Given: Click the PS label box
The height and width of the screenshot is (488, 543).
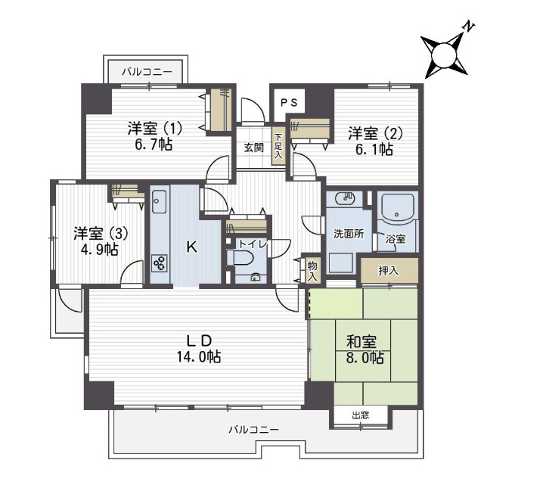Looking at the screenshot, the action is click(289, 103).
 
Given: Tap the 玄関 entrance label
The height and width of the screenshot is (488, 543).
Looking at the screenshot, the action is click(254, 148).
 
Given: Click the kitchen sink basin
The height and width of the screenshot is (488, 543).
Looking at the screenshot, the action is click(160, 201).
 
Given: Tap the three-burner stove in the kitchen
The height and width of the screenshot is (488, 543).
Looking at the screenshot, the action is click(160, 263).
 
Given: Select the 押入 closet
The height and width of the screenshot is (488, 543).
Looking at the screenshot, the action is click(389, 271).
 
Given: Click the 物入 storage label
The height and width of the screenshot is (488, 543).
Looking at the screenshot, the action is click(312, 271).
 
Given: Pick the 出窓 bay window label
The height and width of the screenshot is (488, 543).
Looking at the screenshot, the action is click(361, 415).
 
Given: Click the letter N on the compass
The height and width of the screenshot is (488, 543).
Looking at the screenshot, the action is click(469, 27).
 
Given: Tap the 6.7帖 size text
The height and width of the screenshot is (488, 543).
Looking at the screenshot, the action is click(154, 145).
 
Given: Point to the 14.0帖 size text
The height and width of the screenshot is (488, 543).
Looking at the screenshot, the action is click(199, 356).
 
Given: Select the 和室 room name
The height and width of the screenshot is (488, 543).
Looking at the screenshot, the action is click(361, 342).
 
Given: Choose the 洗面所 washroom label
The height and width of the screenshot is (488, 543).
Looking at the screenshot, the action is click(349, 234).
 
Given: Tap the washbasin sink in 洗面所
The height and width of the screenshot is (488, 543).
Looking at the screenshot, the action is click(346, 198).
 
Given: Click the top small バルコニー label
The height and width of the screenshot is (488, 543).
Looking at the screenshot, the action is click(147, 72).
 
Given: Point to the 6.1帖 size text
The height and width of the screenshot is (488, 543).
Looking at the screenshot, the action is click(374, 149).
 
